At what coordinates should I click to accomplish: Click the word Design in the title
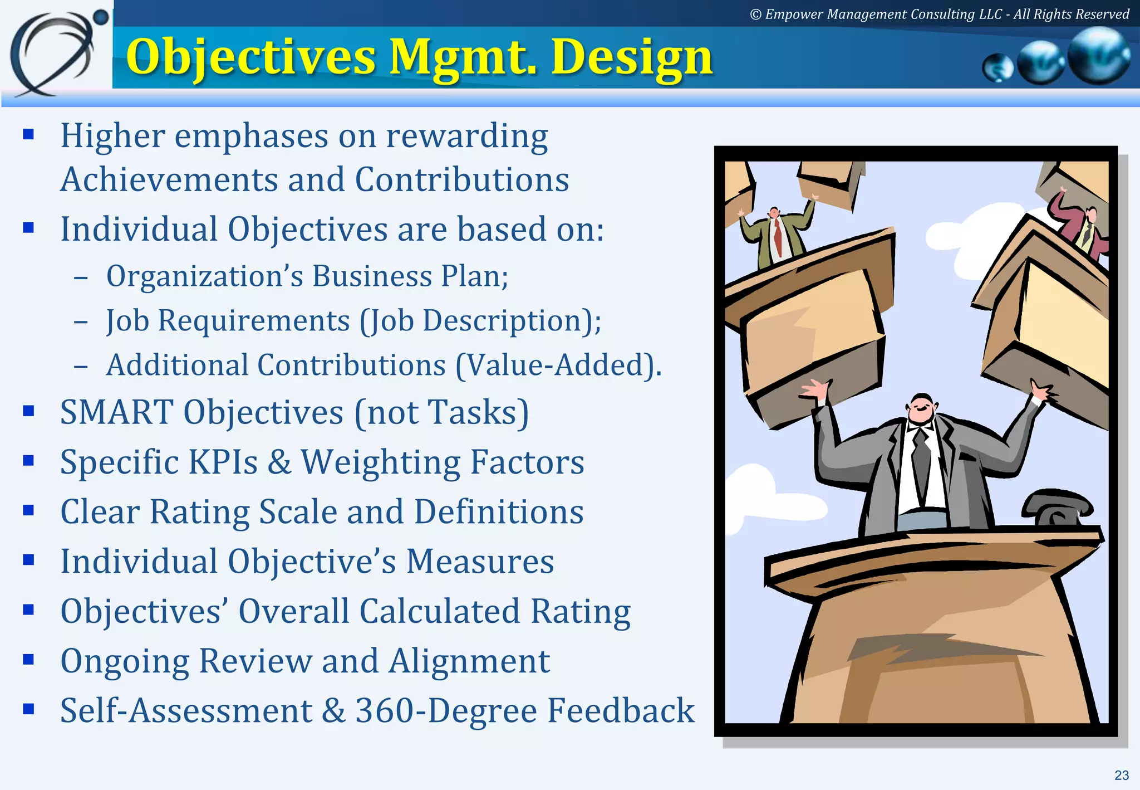(631, 57)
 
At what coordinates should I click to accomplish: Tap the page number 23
(1121, 775)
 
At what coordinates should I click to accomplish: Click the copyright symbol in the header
(755, 14)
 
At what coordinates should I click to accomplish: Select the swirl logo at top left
(56, 53)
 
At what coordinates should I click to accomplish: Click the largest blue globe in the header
(1099, 56)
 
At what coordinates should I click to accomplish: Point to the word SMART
(117, 412)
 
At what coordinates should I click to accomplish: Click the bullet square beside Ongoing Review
(29, 660)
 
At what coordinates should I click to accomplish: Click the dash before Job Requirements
(81, 322)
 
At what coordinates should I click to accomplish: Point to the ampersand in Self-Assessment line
(334, 711)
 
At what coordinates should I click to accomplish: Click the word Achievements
(169, 179)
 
